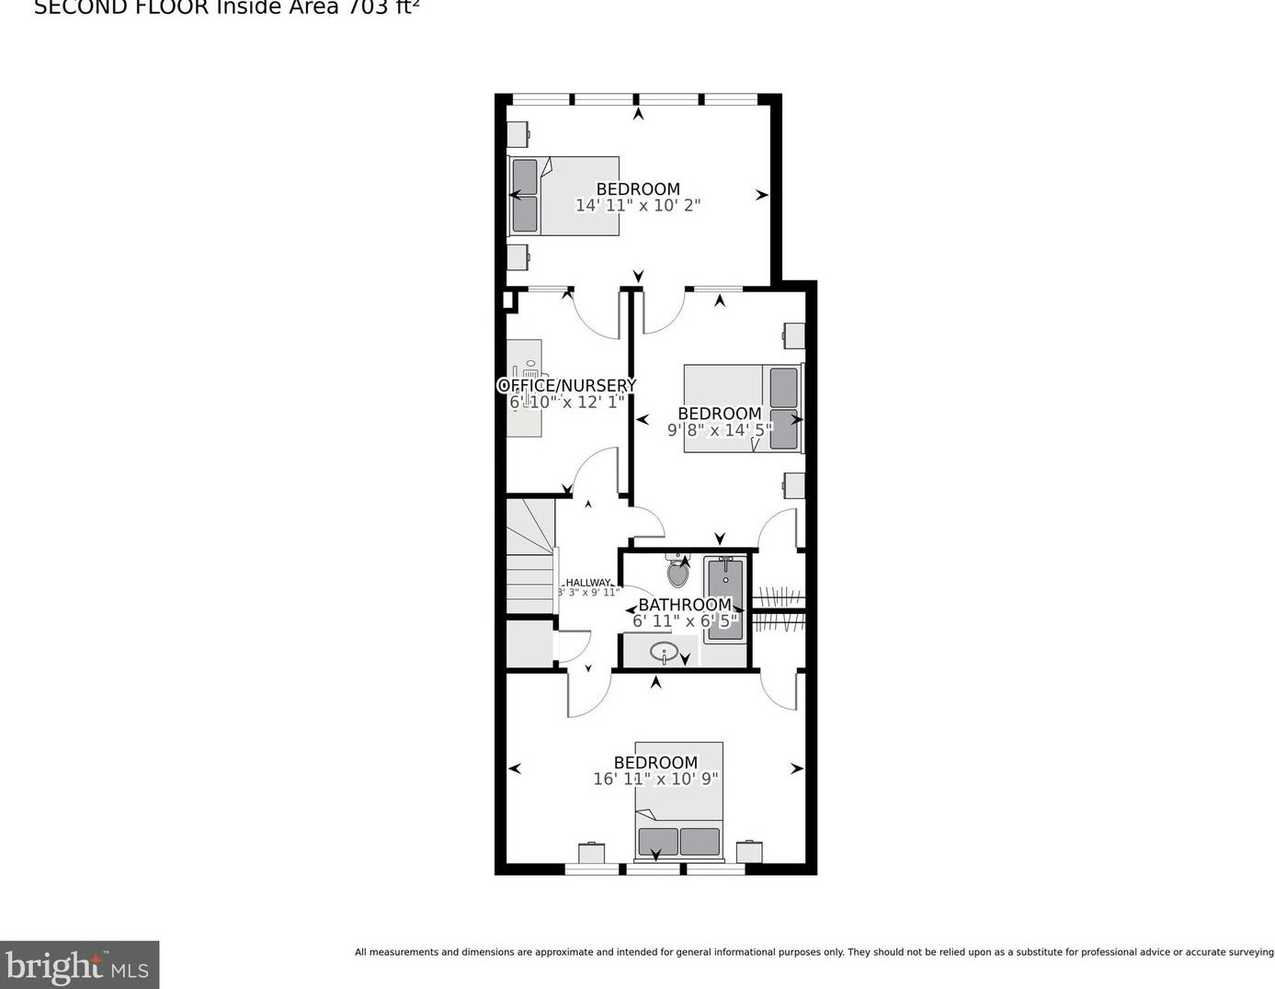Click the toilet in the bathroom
(677, 573)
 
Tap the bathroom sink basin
(664, 653)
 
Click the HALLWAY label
(587, 582)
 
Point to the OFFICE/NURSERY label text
(566, 385)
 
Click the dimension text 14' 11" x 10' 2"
(637, 206)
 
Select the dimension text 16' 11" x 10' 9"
(655, 779)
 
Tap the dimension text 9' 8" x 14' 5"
(719, 429)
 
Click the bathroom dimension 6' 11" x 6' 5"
(684, 621)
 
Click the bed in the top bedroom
(564, 195)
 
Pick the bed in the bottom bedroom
(679, 800)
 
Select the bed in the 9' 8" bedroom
(742, 408)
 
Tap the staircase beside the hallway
(531, 557)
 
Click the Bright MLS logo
(79, 965)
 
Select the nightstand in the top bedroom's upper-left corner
(518, 134)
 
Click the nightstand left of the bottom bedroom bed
(591, 853)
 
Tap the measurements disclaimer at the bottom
(814, 952)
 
